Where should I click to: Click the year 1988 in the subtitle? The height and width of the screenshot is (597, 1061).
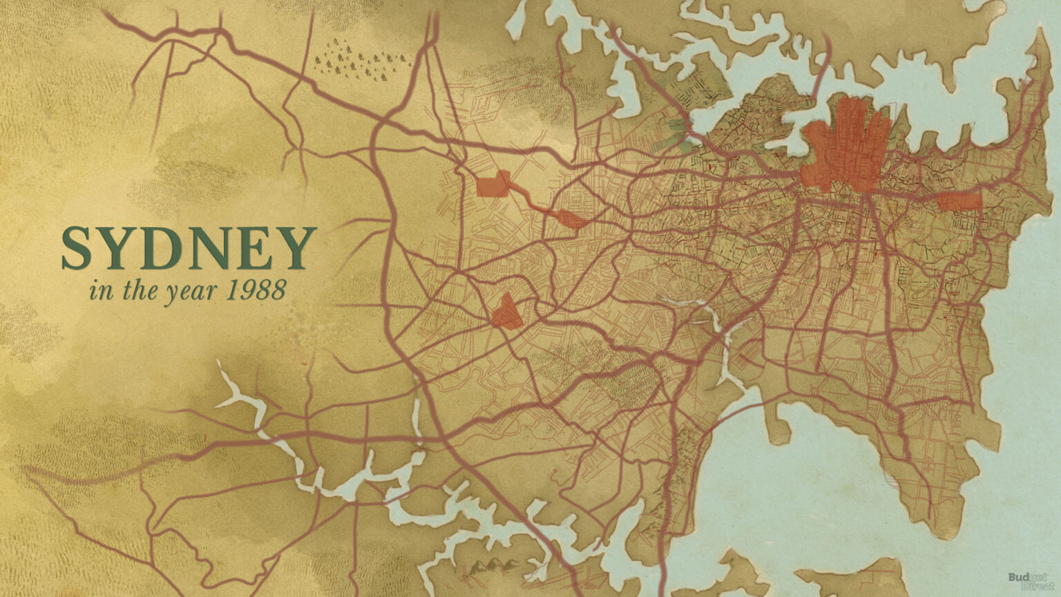click(256, 290)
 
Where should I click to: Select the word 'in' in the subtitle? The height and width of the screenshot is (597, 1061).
click(100, 290)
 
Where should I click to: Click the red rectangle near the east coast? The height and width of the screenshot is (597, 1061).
click(959, 201)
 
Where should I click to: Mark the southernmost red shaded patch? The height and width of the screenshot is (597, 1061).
click(509, 313)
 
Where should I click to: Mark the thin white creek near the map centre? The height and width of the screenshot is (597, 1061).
click(718, 345)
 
